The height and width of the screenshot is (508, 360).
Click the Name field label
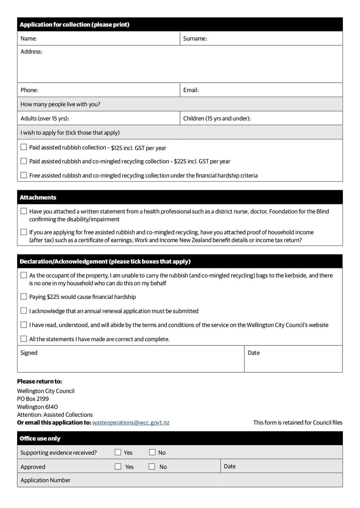click(x=29, y=39)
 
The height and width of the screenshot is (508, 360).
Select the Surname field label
click(x=195, y=39)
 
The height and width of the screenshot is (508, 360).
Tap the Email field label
click(x=191, y=90)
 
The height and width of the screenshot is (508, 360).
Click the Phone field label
click(x=29, y=90)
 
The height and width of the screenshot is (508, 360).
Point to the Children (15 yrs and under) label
click(x=217, y=119)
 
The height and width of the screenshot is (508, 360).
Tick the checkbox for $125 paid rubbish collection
click(x=24, y=147)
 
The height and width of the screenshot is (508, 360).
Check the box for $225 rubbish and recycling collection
click(x=24, y=161)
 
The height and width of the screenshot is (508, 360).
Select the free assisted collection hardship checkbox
click(x=24, y=175)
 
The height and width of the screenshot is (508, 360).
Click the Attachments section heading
click(x=38, y=197)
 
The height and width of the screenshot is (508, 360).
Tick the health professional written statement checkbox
click(x=24, y=211)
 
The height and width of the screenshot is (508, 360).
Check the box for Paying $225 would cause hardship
click(x=24, y=296)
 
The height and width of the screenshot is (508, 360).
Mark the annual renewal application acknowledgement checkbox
click(x=24, y=311)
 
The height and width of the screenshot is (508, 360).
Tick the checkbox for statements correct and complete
click(x=24, y=339)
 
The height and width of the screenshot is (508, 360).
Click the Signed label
click(x=29, y=353)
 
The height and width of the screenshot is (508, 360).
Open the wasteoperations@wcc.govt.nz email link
click(x=130, y=423)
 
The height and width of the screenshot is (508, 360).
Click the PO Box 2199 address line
click(x=33, y=399)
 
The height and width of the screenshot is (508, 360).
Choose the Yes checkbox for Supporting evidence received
click(x=118, y=452)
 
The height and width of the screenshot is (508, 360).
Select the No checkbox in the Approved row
click(x=152, y=467)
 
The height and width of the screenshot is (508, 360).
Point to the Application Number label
click(x=45, y=480)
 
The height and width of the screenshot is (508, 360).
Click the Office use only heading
click(x=40, y=438)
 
